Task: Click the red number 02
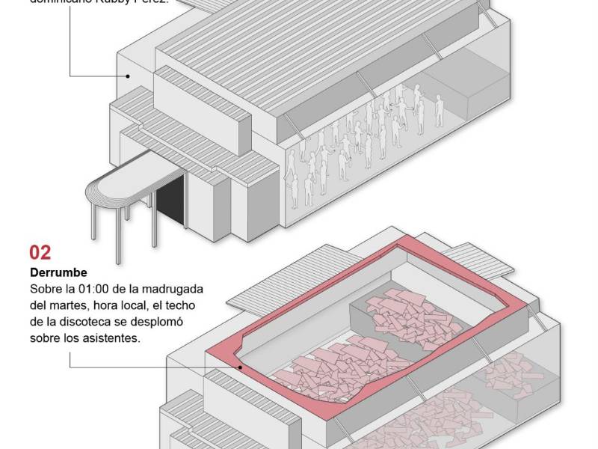(x=40, y=252)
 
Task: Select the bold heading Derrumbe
(x=58, y=272)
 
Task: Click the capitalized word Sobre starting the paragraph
(x=45, y=289)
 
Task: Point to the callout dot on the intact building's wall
(x=128, y=75)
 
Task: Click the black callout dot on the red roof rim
(x=240, y=367)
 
